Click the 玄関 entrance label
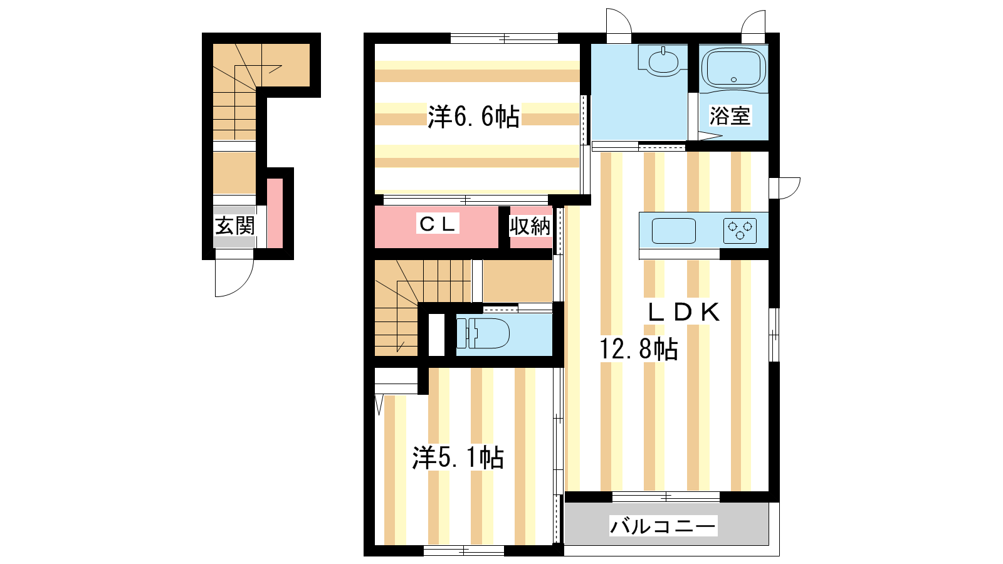pyautogui.click(x=235, y=226)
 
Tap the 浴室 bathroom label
pyautogui.click(x=730, y=116)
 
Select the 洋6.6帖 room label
pyautogui.click(x=474, y=117)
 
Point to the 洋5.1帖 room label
pyautogui.click(x=458, y=457)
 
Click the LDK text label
pyautogui.click(x=684, y=313)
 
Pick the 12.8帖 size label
pyautogui.click(x=639, y=349)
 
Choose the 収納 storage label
pyautogui.click(x=530, y=226)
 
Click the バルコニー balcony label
pyautogui.click(x=663, y=526)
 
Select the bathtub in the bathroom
pyautogui.click(x=733, y=68)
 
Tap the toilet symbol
pyautogui.click(x=483, y=333)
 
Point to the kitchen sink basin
pyautogui.click(x=673, y=231)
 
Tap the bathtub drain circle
pyautogui.click(x=733, y=80)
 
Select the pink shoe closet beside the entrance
pyautogui.click(x=275, y=213)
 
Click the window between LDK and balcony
pyautogui.click(x=666, y=496)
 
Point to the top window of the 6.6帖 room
pyautogui.click(x=504, y=38)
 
